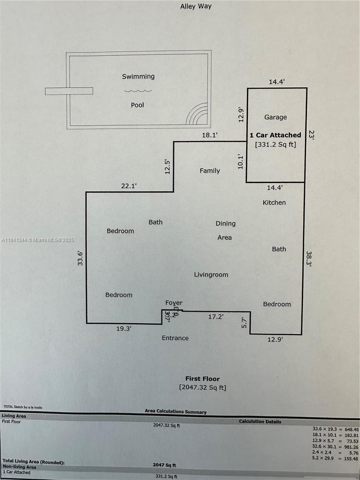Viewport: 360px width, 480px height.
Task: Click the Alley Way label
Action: (196, 6)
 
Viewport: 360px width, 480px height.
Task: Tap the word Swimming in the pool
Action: (138, 76)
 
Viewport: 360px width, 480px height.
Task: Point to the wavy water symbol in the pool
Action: (138, 91)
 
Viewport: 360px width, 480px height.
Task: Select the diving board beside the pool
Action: (69, 91)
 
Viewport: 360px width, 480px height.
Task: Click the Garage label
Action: (275, 117)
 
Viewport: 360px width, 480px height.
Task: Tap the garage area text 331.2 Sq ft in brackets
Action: (275, 144)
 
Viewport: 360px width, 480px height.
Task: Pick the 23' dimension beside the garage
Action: (312, 135)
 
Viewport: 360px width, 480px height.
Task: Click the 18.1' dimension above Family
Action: (210, 136)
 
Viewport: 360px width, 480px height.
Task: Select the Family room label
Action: (210, 171)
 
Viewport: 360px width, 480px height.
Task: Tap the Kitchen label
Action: (274, 202)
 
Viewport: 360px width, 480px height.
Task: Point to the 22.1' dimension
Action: (129, 186)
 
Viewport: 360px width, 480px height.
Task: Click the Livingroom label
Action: (211, 275)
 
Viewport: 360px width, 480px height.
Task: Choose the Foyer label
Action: (174, 303)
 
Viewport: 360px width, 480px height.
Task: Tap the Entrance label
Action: (175, 338)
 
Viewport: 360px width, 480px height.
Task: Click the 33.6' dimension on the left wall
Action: (80, 258)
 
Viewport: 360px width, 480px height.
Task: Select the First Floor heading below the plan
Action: (202, 378)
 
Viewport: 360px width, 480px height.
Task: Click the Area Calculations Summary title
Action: (176, 412)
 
